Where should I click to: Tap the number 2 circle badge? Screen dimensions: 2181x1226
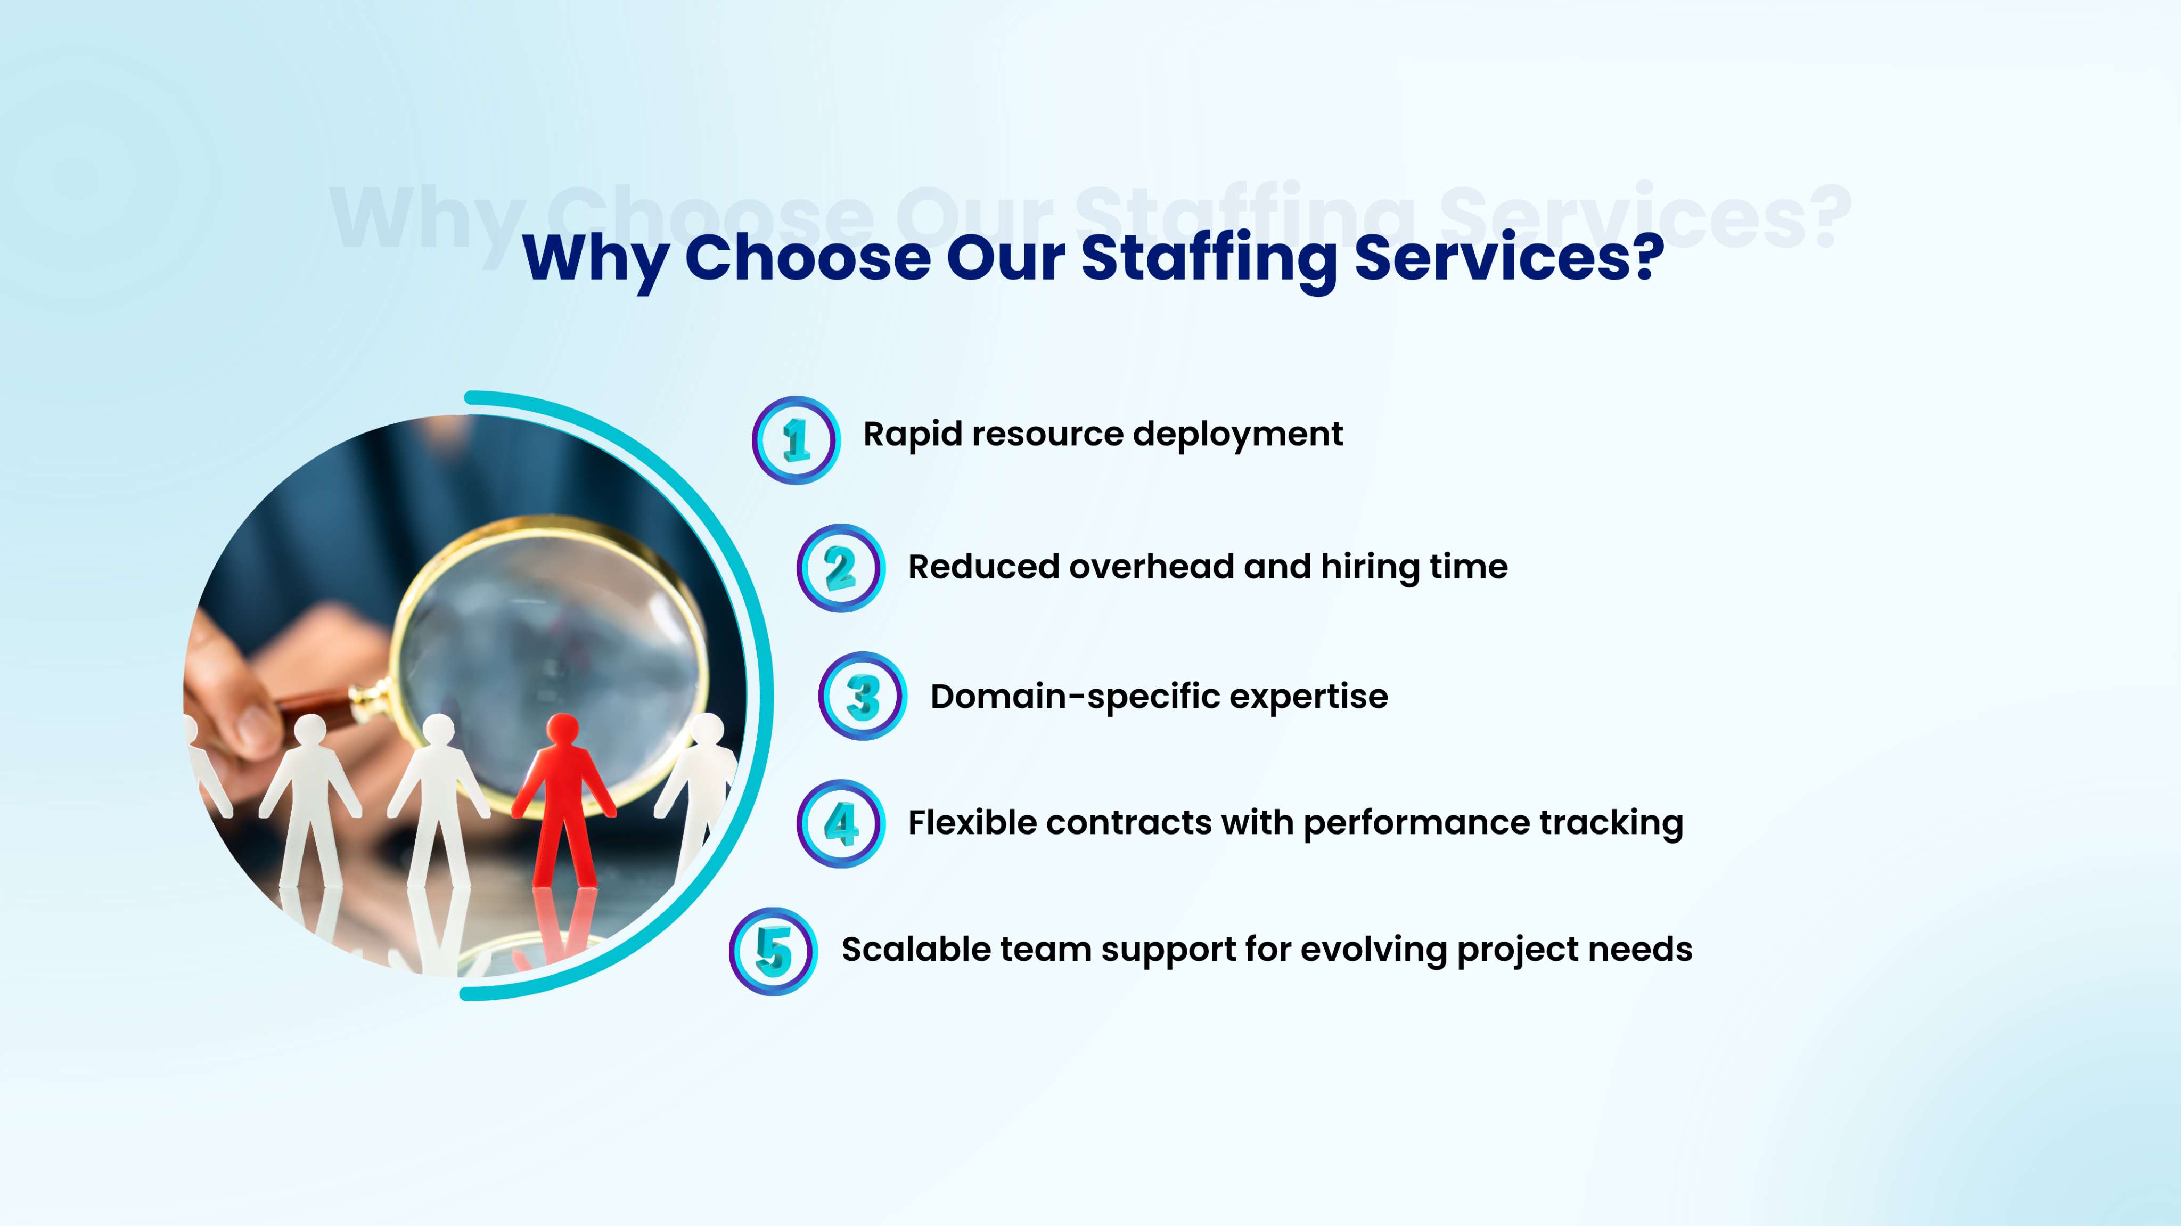tap(841, 568)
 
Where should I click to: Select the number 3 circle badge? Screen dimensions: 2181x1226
tap(863, 696)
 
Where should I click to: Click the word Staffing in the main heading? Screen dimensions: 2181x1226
tap(1209, 259)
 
